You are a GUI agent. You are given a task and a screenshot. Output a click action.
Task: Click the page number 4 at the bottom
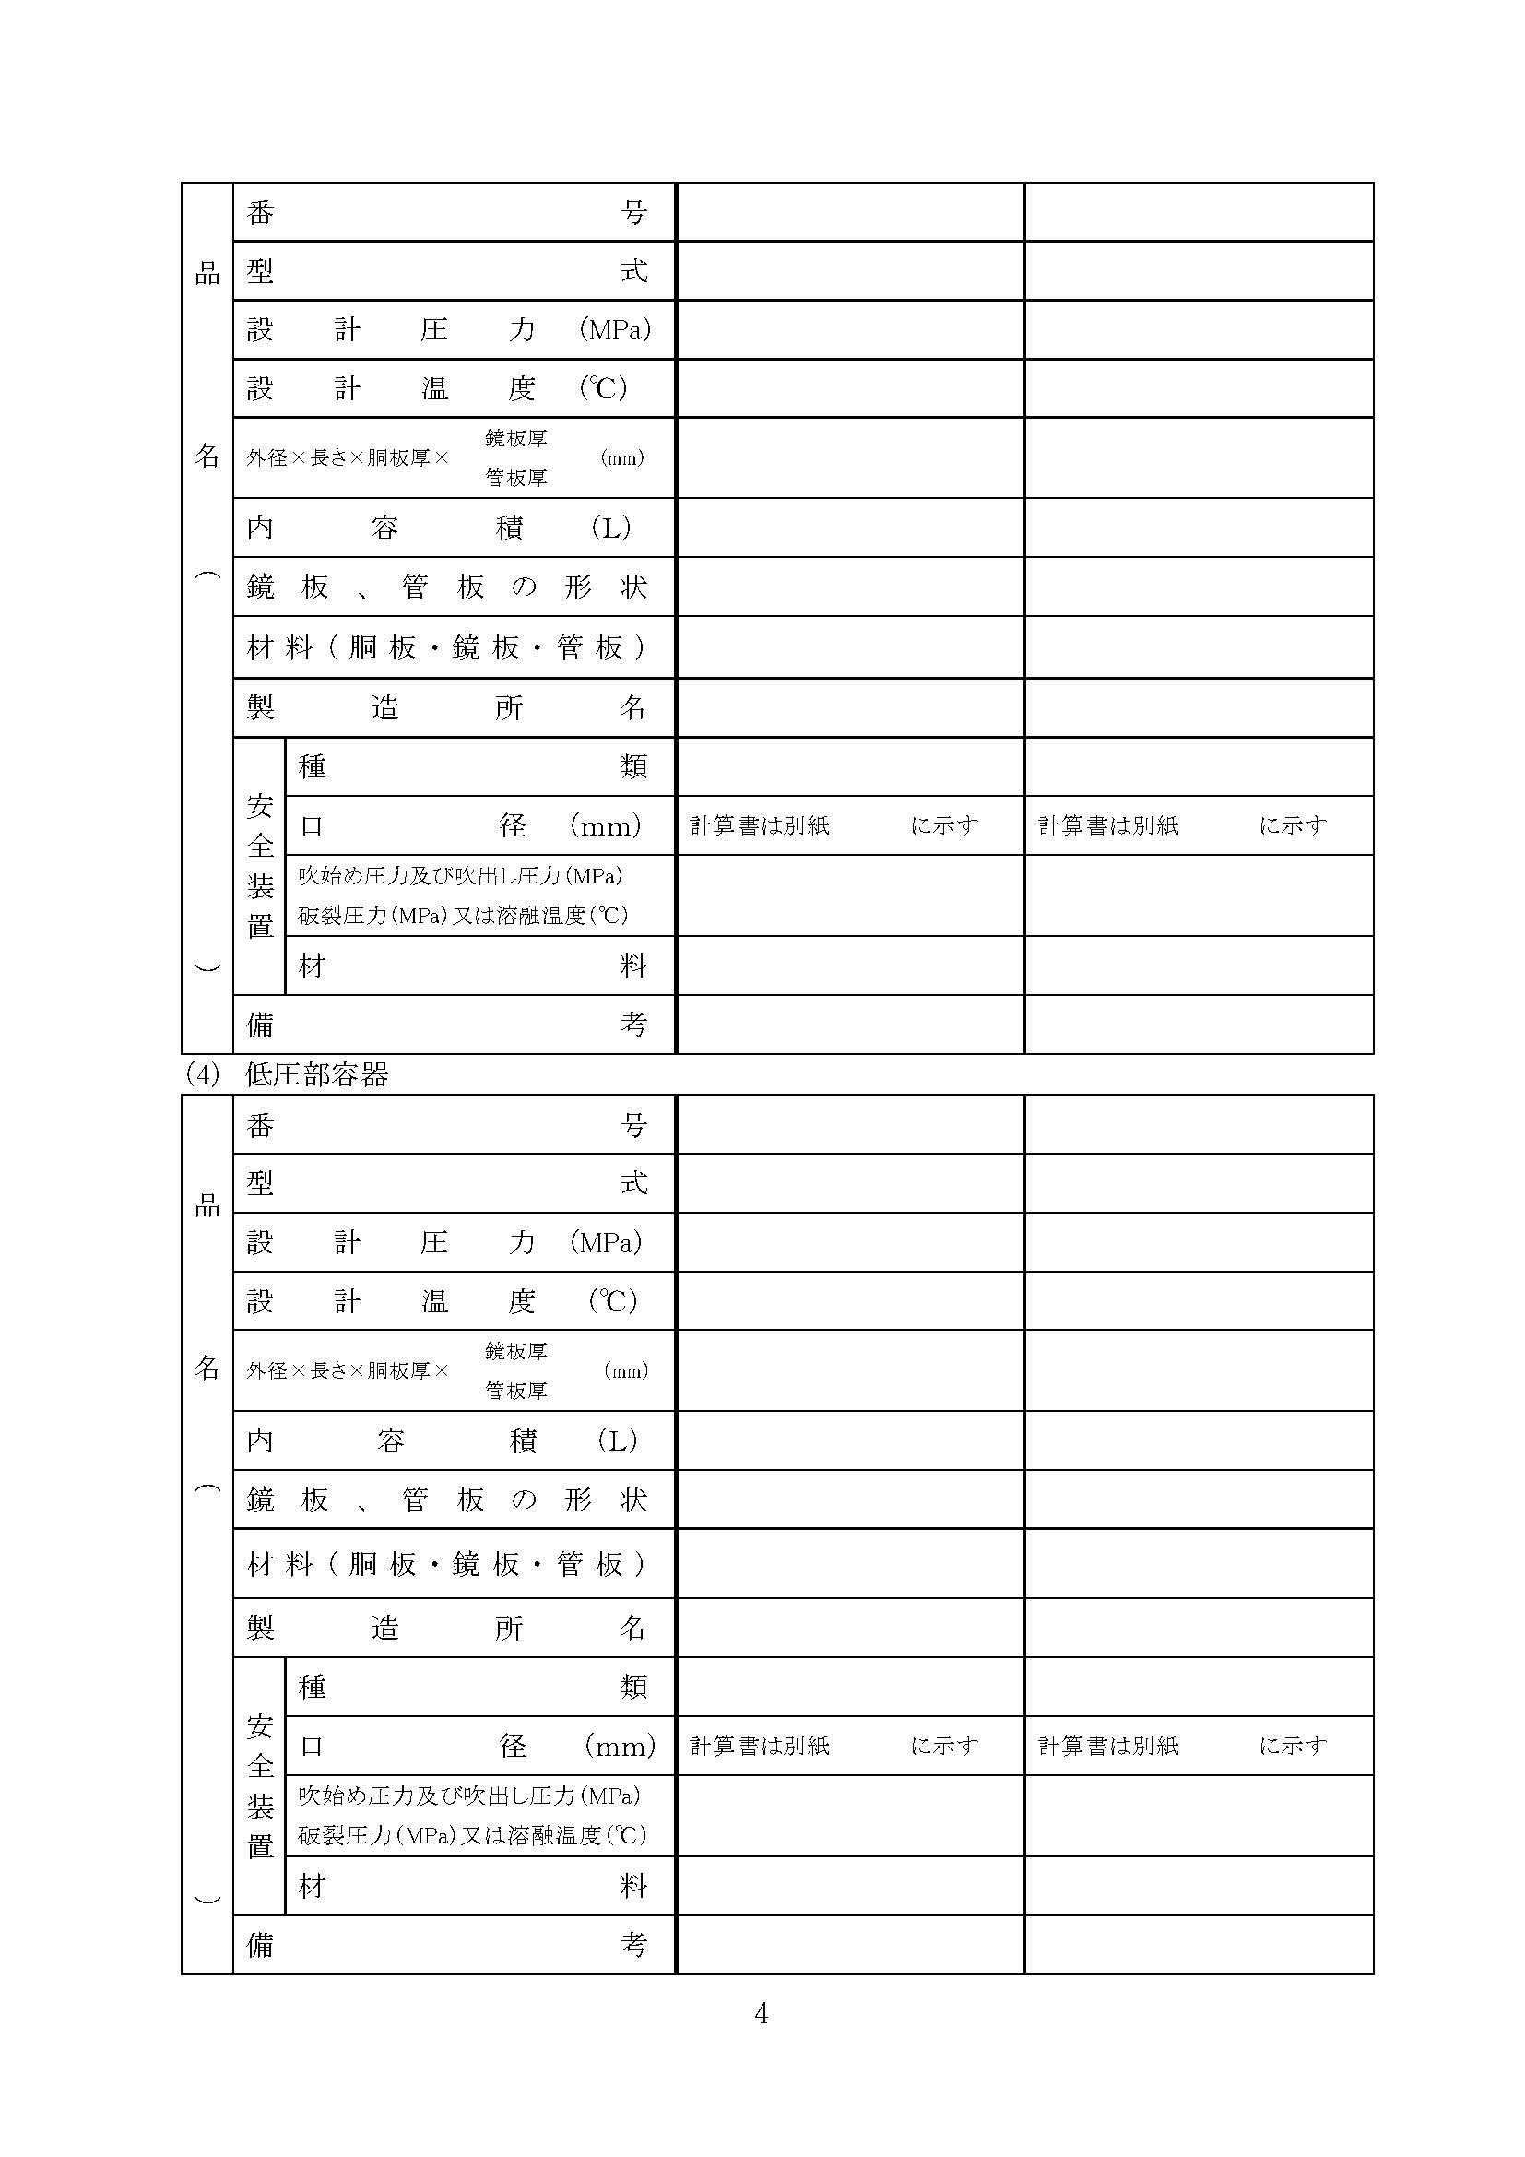click(761, 2013)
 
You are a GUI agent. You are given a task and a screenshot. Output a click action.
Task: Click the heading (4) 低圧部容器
click(288, 1074)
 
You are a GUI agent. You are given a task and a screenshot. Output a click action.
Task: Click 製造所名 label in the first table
click(446, 707)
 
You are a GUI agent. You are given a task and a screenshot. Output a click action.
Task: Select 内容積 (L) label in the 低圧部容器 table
click(443, 1440)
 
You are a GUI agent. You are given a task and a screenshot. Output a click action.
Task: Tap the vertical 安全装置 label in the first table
click(259, 866)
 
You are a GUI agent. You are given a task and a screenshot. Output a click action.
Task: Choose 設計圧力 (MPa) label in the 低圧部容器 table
click(444, 1242)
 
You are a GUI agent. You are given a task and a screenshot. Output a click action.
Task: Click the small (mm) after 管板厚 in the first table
click(621, 458)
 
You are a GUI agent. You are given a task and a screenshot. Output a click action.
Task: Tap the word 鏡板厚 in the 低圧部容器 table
click(515, 1351)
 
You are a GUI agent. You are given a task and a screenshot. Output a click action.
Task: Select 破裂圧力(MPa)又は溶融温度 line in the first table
click(463, 915)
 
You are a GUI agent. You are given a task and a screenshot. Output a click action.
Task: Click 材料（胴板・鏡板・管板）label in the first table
click(446, 647)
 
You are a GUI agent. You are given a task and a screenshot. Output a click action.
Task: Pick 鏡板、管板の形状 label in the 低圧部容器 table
click(446, 1499)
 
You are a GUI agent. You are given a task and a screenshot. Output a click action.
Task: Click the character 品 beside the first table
click(207, 273)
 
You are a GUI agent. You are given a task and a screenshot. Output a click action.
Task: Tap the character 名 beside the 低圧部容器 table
click(207, 1368)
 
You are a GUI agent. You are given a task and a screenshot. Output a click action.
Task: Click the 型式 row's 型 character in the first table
click(260, 271)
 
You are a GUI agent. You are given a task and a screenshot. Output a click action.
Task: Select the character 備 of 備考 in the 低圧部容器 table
click(260, 1945)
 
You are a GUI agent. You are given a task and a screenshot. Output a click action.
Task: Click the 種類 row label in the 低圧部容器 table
click(472, 1688)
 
